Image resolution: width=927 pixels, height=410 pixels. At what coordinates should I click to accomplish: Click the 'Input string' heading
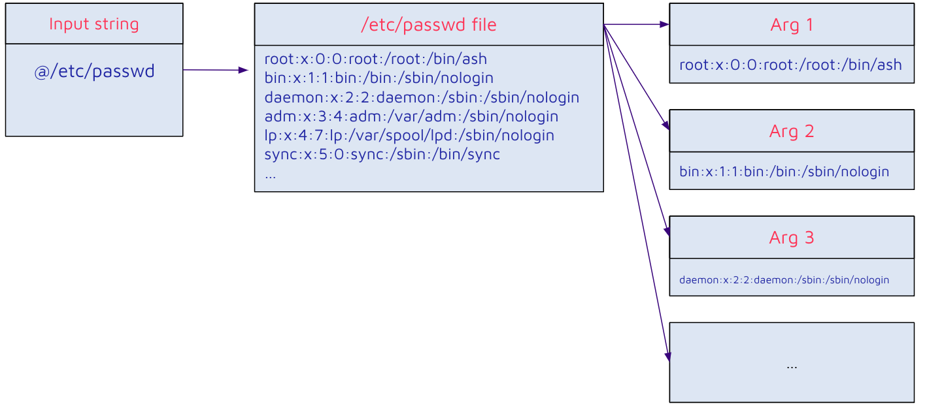point(94,24)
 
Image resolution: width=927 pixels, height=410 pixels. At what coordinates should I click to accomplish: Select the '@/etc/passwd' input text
point(94,71)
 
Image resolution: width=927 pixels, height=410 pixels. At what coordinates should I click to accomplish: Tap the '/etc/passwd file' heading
point(428,25)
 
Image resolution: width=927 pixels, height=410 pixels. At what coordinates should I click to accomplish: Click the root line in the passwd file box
point(375,59)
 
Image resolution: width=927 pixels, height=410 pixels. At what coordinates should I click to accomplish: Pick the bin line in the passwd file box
point(379,78)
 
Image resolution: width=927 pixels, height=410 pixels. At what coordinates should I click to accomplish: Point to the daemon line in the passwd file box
point(422,97)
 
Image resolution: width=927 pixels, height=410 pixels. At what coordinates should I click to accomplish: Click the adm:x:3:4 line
point(411,116)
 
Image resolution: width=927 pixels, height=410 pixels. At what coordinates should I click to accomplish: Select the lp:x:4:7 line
point(409,135)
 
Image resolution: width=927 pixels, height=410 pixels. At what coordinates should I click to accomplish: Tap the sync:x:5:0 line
point(382,155)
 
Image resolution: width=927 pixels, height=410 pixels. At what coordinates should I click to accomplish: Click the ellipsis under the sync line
point(270,175)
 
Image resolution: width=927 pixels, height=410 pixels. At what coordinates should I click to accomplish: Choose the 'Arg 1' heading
point(792,25)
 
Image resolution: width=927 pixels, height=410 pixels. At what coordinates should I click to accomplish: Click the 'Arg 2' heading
point(792,131)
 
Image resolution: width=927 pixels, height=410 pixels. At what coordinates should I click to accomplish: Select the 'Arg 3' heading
point(792,238)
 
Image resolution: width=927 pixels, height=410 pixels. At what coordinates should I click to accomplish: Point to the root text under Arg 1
point(790,65)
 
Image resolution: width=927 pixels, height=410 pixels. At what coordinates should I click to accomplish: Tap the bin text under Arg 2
point(784,172)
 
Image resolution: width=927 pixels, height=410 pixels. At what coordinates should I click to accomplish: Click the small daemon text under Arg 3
point(784,279)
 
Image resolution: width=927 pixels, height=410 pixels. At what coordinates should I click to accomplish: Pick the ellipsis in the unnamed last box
point(792,366)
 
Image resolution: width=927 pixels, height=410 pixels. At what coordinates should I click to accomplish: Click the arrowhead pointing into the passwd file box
point(244,70)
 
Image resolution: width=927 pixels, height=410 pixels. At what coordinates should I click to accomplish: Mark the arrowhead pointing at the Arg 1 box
point(664,24)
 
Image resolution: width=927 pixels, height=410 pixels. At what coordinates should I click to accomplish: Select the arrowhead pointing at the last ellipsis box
point(667,356)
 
